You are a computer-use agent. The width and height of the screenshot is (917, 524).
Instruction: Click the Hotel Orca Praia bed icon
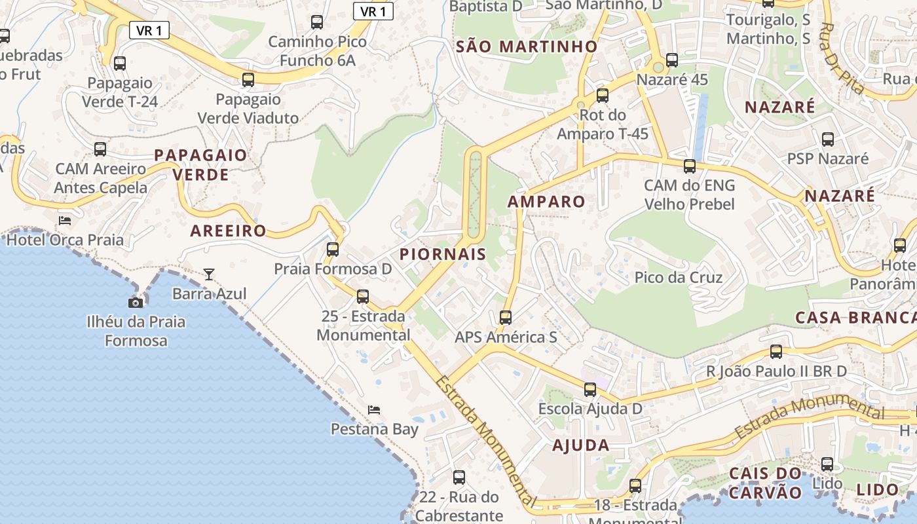coord(65,220)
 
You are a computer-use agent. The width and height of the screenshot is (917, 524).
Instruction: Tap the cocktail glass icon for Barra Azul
coord(209,274)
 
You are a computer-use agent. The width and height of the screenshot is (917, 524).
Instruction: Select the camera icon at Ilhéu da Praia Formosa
coord(136,302)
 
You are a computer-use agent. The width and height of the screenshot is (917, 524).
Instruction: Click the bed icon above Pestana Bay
coord(374,410)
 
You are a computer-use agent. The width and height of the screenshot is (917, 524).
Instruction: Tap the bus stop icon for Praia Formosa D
coord(333,250)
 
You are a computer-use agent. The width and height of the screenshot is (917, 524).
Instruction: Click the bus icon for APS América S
coord(505,318)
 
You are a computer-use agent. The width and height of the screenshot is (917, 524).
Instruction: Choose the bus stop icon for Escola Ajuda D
coord(590,390)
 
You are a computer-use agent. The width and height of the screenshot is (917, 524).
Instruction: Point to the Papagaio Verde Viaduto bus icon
coord(248,80)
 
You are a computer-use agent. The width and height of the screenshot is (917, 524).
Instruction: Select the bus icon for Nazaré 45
coord(672,60)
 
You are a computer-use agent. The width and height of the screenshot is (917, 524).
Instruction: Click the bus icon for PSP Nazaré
coord(828,139)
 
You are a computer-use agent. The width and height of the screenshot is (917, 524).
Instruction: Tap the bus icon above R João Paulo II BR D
coord(776,352)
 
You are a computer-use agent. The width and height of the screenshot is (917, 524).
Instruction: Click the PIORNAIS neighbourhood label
coord(443,254)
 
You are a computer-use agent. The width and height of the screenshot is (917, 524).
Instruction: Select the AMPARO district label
coord(546,201)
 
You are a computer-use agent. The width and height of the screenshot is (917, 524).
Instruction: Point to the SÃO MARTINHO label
coord(527,47)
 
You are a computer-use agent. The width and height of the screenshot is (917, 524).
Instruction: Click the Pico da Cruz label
coord(678,277)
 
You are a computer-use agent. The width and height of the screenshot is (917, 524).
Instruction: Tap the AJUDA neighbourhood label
coord(581,445)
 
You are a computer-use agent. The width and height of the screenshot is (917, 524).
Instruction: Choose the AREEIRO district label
coord(228,231)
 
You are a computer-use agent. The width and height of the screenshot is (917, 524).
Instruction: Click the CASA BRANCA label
coord(855,318)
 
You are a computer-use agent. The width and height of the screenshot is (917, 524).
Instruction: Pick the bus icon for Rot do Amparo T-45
coord(603,96)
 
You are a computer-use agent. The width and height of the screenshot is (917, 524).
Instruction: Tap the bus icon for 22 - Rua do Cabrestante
coord(459,477)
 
